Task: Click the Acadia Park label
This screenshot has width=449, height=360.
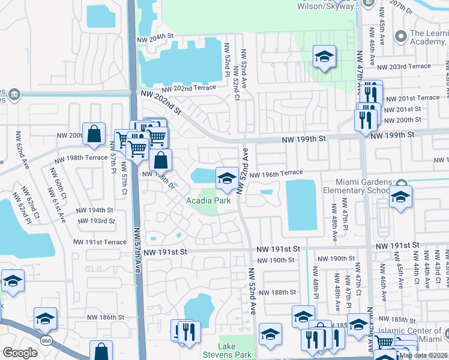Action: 208,200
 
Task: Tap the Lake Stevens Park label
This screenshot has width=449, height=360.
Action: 228,351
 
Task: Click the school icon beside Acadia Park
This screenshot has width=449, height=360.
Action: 226,177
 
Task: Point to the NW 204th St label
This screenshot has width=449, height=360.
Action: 155,37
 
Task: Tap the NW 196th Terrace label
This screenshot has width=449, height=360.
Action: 277,174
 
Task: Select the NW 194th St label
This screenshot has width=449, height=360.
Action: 95,210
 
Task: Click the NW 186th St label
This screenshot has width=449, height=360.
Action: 107,317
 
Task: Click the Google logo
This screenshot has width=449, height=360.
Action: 20,352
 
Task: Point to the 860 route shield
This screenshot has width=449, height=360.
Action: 46,341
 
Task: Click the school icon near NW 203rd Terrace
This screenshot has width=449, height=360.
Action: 324,57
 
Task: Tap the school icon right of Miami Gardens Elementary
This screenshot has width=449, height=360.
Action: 400,197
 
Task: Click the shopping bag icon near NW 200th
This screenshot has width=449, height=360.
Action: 94,135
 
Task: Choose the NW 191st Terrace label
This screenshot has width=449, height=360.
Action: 100,242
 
